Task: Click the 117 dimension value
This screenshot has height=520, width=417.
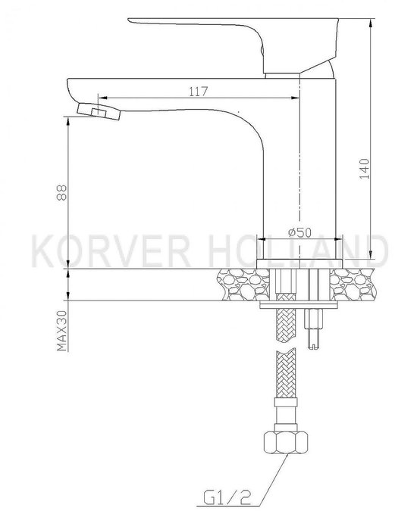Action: coord(199,91)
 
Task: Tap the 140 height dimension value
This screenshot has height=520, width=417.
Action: coord(365,169)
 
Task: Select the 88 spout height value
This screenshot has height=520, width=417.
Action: coord(62,193)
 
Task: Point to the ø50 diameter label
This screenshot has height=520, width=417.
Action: coord(299,232)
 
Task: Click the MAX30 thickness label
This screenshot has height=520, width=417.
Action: coord(62,331)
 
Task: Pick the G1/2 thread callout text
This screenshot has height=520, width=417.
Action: coord(227,497)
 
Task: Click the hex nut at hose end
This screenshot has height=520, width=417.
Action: coord(286,442)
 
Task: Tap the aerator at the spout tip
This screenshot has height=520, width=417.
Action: coord(99,112)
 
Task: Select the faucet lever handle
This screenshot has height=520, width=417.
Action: coord(234,45)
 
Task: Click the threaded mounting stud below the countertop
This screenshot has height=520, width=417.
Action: coord(314,329)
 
